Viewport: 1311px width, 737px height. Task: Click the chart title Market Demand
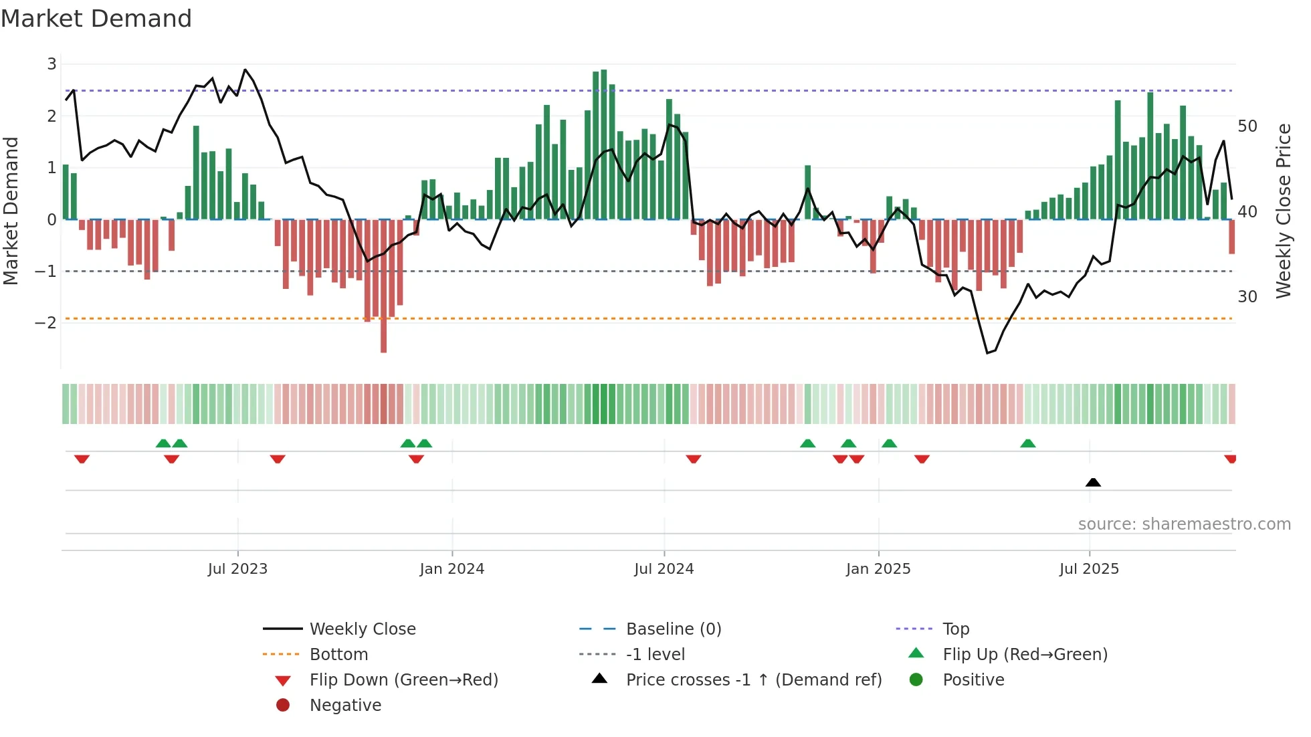coord(96,19)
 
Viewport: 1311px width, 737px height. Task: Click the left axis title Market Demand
coord(11,211)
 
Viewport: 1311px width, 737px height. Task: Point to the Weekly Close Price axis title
coord(1283,211)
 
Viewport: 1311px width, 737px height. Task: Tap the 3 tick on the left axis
coord(52,64)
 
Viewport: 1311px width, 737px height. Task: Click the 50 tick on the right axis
coord(1247,126)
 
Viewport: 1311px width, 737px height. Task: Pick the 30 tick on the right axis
coord(1247,297)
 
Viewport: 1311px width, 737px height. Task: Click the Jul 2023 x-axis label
coord(237,569)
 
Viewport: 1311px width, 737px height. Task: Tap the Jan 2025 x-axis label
coord(878,569)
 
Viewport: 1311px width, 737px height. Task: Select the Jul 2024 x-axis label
coord(664,569)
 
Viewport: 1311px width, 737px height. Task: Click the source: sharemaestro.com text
coord(1184,524)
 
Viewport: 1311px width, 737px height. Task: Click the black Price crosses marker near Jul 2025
coord(1093,482)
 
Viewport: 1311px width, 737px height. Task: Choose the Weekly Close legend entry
coord(362,629)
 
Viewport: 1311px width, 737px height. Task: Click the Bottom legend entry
coord(338,655)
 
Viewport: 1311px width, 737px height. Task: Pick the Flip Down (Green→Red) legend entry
coord(403,680)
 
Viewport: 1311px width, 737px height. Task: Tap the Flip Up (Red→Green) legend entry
coord(1025,655)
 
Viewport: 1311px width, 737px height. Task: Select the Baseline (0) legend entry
coord(673,629)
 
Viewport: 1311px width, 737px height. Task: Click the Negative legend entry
coord(345,706)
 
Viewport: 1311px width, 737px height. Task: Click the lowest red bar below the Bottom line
coord(383,334)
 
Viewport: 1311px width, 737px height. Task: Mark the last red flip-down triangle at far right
coord(1230,459)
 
